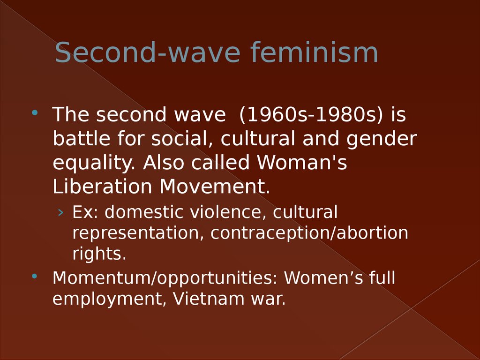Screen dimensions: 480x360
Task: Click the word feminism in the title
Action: tap(314, 52)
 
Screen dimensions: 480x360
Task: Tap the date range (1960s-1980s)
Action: tap(311, 115)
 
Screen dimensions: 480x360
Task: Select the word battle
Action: tap(82, 138)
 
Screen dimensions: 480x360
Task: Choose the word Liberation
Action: tap(102, 186)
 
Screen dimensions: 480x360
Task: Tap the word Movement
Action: tap(215, 186)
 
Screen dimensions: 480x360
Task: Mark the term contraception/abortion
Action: tap(309, 233)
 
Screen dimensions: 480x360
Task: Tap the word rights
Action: tap(99, 254)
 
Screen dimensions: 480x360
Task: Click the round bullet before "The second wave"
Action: tap(35, 112)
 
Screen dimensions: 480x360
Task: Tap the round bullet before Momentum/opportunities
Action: tap(35, 276)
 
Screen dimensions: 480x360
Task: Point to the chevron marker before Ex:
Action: tap(60, 212)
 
